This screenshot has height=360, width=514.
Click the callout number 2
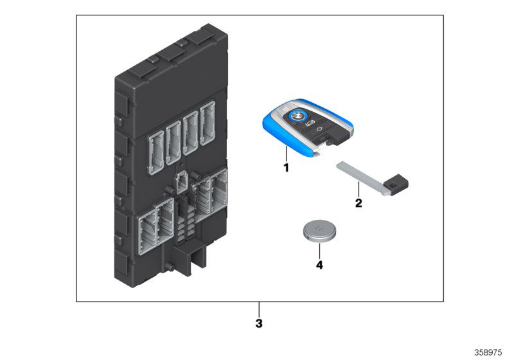point(359,204)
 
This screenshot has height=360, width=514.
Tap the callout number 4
point(318,263)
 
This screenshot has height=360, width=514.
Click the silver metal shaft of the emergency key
point(360,175)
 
